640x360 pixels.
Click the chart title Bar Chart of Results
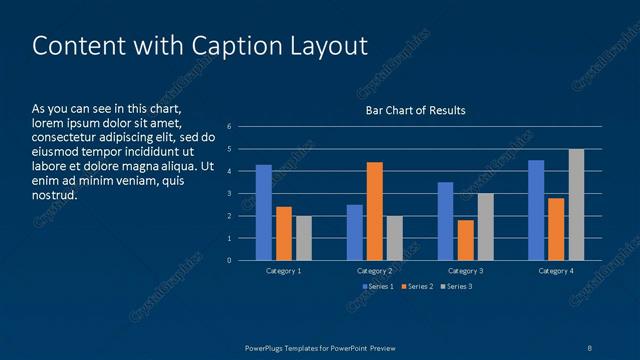click(x=415, y=110)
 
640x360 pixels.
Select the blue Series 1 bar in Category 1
click(x=264, y=213)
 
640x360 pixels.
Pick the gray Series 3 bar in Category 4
click(x=576, y=205)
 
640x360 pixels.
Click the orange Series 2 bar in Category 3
click(x=465, y=240)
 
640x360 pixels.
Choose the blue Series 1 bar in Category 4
click(x=536, y=210)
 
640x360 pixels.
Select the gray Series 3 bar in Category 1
click(x=303, y=238)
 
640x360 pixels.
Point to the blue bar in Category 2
click(x=355, y=232)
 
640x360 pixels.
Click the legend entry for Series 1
click(x=376, y=287)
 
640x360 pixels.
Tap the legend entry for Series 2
click(x=418, y=287)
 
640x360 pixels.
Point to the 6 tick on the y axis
click(x=230, y=127)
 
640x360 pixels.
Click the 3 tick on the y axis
click(x=230, y=194)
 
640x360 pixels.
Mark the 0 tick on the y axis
click(x=230, y=261)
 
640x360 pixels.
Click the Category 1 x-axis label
click(x=284, y=271)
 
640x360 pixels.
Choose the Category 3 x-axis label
click(x=465, y=271)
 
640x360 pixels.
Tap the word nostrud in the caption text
click(x=54, y=195)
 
